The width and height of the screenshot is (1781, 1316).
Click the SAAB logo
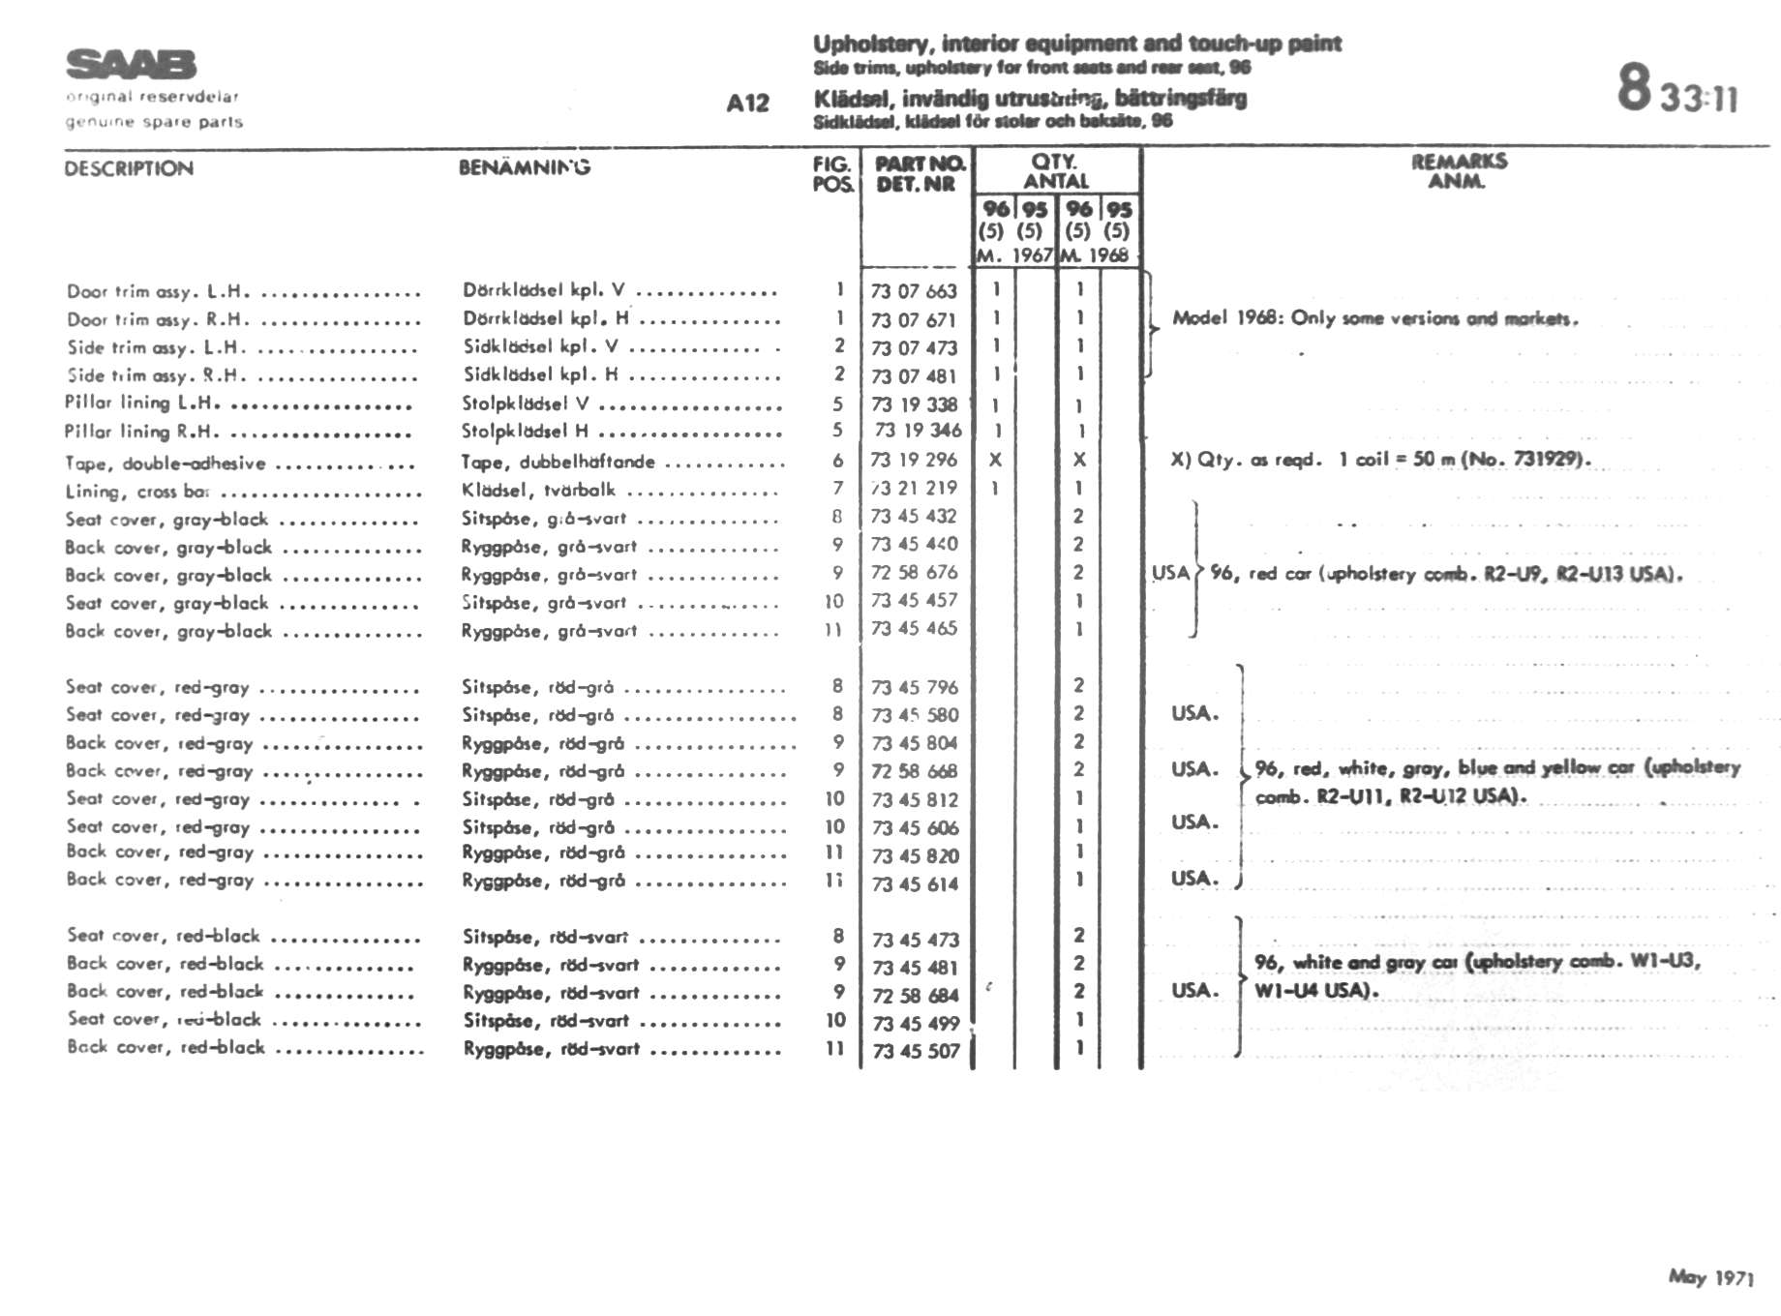coord(132,65)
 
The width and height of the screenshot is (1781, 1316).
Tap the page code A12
coord(747,104)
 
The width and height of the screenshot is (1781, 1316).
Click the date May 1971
coord(1710,1277)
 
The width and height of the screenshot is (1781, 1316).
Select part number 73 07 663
coord(914,291)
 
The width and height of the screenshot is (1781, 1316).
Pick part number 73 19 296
coord(914,460)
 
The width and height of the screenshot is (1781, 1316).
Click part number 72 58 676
coord(914,573)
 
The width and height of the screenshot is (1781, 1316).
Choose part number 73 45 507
coord(916,1051)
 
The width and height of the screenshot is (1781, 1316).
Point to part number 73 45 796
coord(915,688)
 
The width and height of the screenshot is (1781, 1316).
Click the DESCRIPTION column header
coord(129,168)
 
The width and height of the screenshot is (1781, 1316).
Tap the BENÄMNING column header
coord(525,167)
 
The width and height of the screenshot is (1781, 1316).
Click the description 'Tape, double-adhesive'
coord(166,464)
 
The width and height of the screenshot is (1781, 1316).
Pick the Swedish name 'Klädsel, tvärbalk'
coord(538,490)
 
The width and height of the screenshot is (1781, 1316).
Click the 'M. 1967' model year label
coord(1013,255)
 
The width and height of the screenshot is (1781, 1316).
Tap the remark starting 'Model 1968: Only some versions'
coord(1374,318)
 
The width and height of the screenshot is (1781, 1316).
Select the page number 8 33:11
coord(1677,90)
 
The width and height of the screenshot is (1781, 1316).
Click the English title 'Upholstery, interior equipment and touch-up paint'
coord(1076,44)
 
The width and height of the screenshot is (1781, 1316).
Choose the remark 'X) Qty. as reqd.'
coord(1380,460)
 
